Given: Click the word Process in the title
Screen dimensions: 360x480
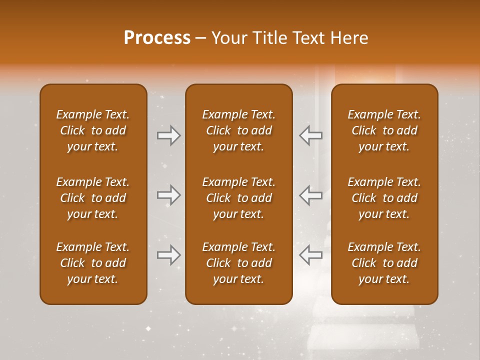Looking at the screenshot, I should [157, 38].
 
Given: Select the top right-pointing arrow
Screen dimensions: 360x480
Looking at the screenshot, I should [168, 135].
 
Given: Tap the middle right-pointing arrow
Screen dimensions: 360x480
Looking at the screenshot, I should [168, 195].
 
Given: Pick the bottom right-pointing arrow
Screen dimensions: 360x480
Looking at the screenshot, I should [168, 255].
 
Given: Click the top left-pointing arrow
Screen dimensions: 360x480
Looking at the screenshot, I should [310, 135].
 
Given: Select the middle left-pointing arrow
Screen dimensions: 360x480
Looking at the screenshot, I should [310, 195].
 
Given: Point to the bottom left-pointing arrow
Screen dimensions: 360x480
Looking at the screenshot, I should [310, 255].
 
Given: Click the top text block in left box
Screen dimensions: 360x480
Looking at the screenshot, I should [93, 130].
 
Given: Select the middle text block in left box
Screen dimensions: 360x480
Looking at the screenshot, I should [93, 198].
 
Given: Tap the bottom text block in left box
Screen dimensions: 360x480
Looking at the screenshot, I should [93, 263].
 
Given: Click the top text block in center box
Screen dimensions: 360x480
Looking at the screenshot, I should [238, 130].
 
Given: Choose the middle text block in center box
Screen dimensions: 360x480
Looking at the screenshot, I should [238, 198].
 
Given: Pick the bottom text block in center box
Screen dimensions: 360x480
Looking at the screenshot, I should [238, 263].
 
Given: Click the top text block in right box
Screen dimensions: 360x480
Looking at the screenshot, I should [384, 130].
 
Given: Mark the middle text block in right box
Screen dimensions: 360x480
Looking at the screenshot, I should [384, 198].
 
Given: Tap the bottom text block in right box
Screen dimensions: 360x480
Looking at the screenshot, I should [384, 263].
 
